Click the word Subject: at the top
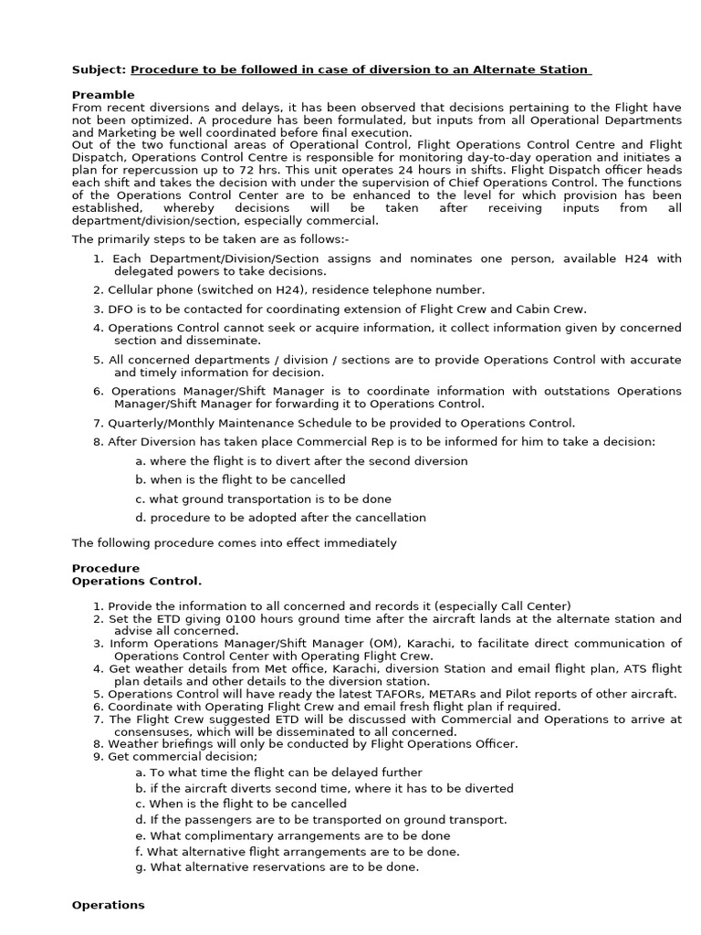tap(99, 70)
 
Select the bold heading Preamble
tap(103, 95)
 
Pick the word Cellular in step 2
tap(132, 289)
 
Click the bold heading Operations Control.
tap(137, 581)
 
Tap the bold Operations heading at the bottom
tap(108, 905)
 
